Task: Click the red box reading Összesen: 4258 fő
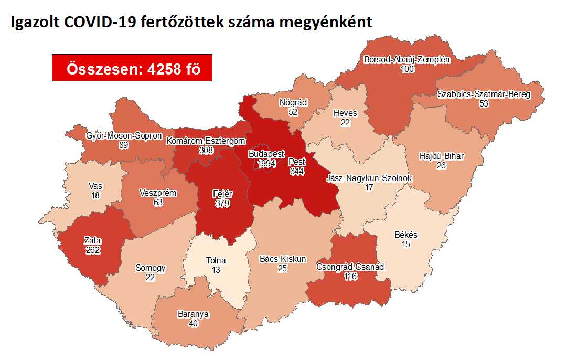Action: coord(132,68)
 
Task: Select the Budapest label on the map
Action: coord(266,155)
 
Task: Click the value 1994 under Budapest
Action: coord(266,164)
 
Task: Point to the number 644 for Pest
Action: coord(296,171)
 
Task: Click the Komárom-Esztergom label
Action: coord(206,141)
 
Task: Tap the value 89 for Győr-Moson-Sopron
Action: coord(124,145)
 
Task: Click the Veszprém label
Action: coord(158,193)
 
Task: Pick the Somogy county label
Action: coord(150,268)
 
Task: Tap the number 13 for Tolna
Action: coord(216,270)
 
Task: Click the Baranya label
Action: coord(193,314)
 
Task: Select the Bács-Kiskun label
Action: coord(283,259)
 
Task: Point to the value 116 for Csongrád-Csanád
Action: coord(350,276)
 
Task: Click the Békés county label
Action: coord(405,235)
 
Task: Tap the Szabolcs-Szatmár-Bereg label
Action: coord(484,94)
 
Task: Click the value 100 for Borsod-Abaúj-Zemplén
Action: coord(406,69)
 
